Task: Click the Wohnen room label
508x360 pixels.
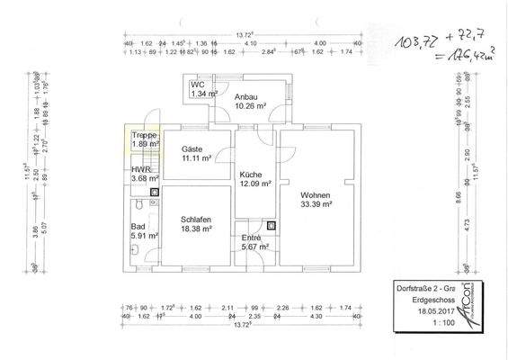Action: coord(316,195)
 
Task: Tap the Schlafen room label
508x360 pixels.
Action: coord(195,220)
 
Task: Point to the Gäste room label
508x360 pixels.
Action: coord(192,148)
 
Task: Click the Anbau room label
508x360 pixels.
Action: coord(247,96)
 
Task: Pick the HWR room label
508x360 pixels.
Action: coord(141,169)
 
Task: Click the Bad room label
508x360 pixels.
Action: coord(138,227)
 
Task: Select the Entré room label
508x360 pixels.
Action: coord(252,238)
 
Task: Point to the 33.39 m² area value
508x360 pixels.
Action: coord(316,204)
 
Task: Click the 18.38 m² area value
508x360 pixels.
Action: coord(196,229)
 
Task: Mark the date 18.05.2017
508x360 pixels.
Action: coord(414,308)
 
